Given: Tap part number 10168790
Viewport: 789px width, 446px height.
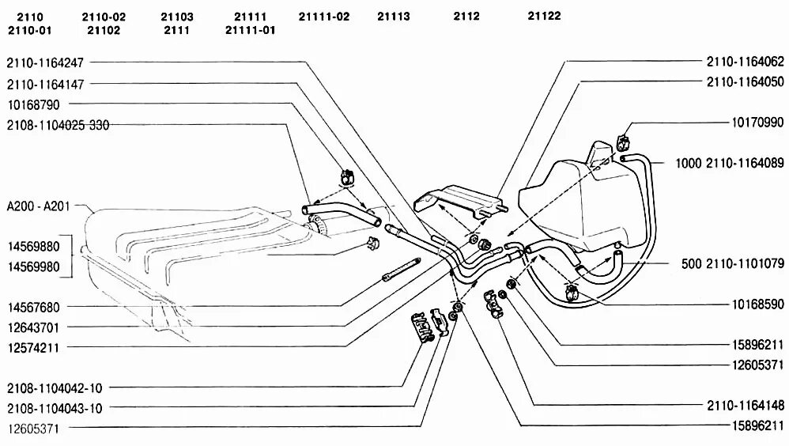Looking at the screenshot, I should coord(34,104).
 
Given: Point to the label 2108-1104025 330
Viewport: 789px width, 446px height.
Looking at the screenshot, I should coord(57,125).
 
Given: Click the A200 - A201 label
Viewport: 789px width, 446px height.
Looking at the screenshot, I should coord(39,206).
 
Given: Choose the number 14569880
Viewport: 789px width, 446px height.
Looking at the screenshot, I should coord(33,246).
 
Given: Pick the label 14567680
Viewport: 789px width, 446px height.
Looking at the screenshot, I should coord(33,306).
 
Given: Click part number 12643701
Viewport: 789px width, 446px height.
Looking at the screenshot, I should coord(33,327).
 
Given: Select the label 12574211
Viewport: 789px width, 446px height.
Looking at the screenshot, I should coord(33,347).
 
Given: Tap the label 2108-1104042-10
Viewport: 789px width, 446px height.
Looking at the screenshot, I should coord(54,388).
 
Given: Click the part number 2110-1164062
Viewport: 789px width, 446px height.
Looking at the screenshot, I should coord(745,61).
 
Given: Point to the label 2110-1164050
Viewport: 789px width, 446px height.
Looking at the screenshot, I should coord(745,81).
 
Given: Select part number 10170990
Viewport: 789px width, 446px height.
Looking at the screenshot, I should coord(757,123).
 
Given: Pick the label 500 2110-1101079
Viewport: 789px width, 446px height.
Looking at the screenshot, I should coord(732,263).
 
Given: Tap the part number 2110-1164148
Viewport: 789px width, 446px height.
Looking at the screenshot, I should coord(745,404).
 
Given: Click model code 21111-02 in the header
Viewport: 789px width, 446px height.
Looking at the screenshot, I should coord(324,17).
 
